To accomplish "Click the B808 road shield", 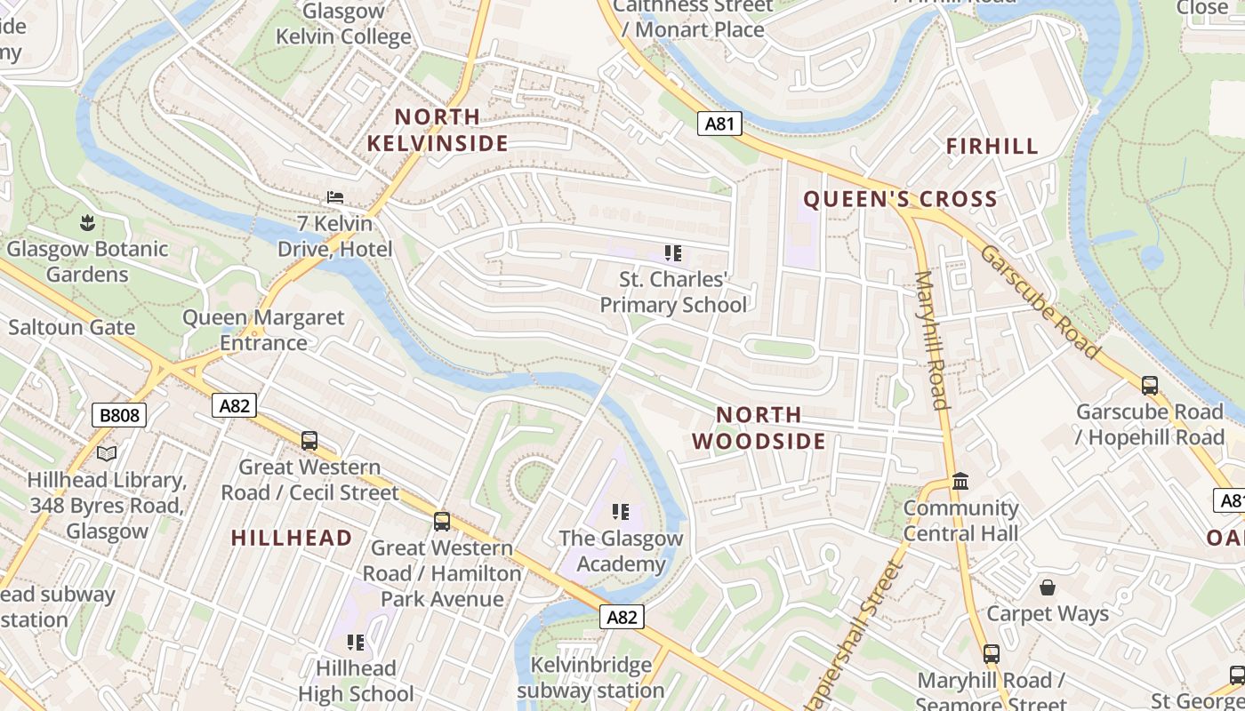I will pos(118,415).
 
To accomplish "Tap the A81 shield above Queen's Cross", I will pos(719,124).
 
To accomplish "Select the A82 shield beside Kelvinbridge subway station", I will pos(621,617).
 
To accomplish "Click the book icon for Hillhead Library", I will pos(107,454).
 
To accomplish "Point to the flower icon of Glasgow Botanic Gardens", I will pos(87,221).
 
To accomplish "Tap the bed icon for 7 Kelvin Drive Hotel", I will pos(335,196).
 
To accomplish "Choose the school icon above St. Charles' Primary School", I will pos(673,253).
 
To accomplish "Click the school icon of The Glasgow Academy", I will pos(621,512).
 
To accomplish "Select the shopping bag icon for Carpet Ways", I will pos(1048,587).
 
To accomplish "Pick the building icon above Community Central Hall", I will pos(960,482).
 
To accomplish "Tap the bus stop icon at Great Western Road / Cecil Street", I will pos(309,440).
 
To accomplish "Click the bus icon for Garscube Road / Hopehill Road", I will pos(1149,386).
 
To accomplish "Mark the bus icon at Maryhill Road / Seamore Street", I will pos(991,654).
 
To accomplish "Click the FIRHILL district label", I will pos(992,147).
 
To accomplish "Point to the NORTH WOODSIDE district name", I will pos(759,427).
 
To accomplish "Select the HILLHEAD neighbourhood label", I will pos(292,538).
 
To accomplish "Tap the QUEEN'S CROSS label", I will pos(900,199).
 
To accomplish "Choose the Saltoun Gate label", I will pos(72,327).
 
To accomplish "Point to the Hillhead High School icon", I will pos(356,642).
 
